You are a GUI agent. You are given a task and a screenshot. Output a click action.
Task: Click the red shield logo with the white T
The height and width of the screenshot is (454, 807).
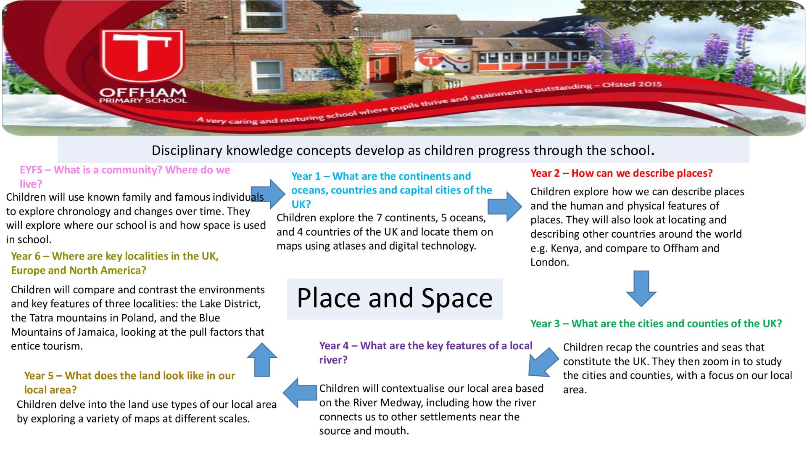pyautogui.click(x=142, y=57)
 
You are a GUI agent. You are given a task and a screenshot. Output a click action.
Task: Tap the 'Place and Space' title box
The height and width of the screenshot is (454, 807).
pyautogui.click(x=395, y=299)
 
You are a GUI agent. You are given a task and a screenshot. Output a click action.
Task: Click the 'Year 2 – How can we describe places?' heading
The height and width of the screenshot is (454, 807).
pyautogui.click(x=621, y=173)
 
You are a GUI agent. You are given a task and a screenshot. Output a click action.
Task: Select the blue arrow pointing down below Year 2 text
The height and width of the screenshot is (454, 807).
pyautogui.click(x=641, y=288)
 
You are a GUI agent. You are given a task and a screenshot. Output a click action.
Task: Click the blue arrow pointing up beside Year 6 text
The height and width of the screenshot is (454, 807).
pyautogui.click(x=262, y=359)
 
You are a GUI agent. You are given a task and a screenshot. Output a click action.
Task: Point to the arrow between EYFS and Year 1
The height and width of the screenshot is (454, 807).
pyautogui.click(x=268, y=194)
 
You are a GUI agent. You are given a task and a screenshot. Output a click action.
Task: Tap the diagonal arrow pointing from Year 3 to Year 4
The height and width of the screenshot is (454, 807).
pyautogui.click(x=543, y=362)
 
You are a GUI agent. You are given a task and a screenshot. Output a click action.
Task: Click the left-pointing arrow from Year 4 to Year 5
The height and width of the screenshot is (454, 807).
pyautogui.click(x=300, y=393)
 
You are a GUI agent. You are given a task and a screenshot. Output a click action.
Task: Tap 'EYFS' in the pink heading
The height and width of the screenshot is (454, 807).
pyautogui.click(x=31, y=170)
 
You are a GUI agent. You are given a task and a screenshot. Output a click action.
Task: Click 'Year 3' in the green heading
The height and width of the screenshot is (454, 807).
pyautogui.click(x=545, y=324)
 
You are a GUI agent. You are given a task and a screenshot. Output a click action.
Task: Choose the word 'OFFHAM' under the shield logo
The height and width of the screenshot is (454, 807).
pyautogui.click(x=143, y=93)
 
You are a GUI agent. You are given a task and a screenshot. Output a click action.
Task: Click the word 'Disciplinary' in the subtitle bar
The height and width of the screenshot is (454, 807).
pyautogui.click(x=187, y=151)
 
